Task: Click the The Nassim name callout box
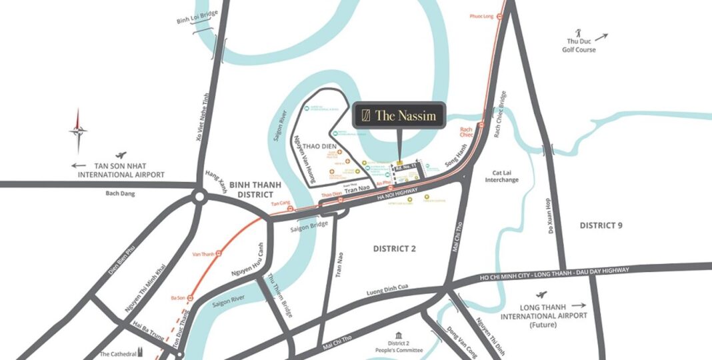(x=398, y=115)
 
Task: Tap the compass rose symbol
(x=78, y=130)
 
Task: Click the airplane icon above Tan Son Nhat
(x=120, y=153)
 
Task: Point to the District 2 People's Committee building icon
(x=399, y=334)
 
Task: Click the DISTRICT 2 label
(x=394, y=249)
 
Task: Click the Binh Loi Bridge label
(x=193, y=19)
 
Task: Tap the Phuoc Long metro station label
(x=481, y=15)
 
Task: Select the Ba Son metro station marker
(x=189, y=297)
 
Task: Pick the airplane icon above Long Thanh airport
(x=541, y=294)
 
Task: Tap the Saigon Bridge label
(x=308, y=227)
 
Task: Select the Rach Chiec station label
(x=467, y=129)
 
